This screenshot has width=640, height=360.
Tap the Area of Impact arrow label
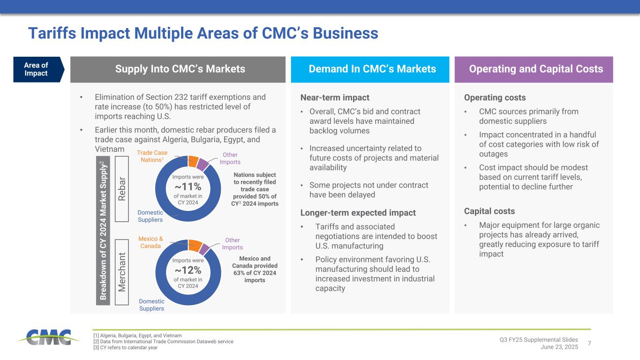point(38,69)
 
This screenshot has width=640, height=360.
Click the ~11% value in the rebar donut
point(188,187)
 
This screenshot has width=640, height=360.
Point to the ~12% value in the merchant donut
point(188,270)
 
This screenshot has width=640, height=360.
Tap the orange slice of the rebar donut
point(194,162)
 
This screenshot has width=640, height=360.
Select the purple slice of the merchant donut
point(204,249)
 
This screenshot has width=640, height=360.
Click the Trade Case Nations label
point(152,156)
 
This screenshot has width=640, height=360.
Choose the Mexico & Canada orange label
point(151,242)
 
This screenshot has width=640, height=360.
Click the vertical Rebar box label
point(122,189)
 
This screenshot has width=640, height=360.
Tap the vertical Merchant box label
point(122,272)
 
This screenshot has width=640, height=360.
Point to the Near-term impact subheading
point(335,97)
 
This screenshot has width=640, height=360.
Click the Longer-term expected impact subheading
point(358,213)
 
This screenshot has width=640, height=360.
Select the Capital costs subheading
point(489,211)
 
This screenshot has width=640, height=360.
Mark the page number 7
point(589,343)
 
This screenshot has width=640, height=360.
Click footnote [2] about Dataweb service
point(163,341)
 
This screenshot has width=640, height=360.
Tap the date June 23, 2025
point(559,347)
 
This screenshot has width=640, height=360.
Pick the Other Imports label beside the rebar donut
point(230,158)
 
